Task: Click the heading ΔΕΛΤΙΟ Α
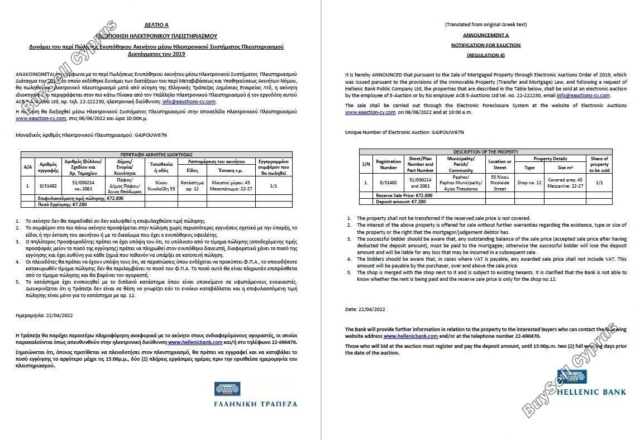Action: click(x=156, y=25)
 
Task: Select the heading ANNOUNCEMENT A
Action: click(x=485, y=35)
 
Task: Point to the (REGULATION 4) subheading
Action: click(x=485, y=55)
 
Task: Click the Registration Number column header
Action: click(x=388, y=165)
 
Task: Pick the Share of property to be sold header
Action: click(x=599, y=165)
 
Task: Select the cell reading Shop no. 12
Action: click(x=529, y=183)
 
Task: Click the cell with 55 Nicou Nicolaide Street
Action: click(x=500, y=183)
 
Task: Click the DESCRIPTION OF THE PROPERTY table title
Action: click(x=485, y=152)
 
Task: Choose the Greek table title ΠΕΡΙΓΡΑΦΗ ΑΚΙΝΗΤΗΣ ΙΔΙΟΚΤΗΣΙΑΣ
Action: click(x=156, y=154)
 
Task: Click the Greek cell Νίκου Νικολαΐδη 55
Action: click(x=161, y=183)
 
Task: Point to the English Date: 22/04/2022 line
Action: click(x=365, y=309)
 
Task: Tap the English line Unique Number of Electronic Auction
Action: click(x=404, y=132)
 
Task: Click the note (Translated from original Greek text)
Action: click(x=485, y=25)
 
